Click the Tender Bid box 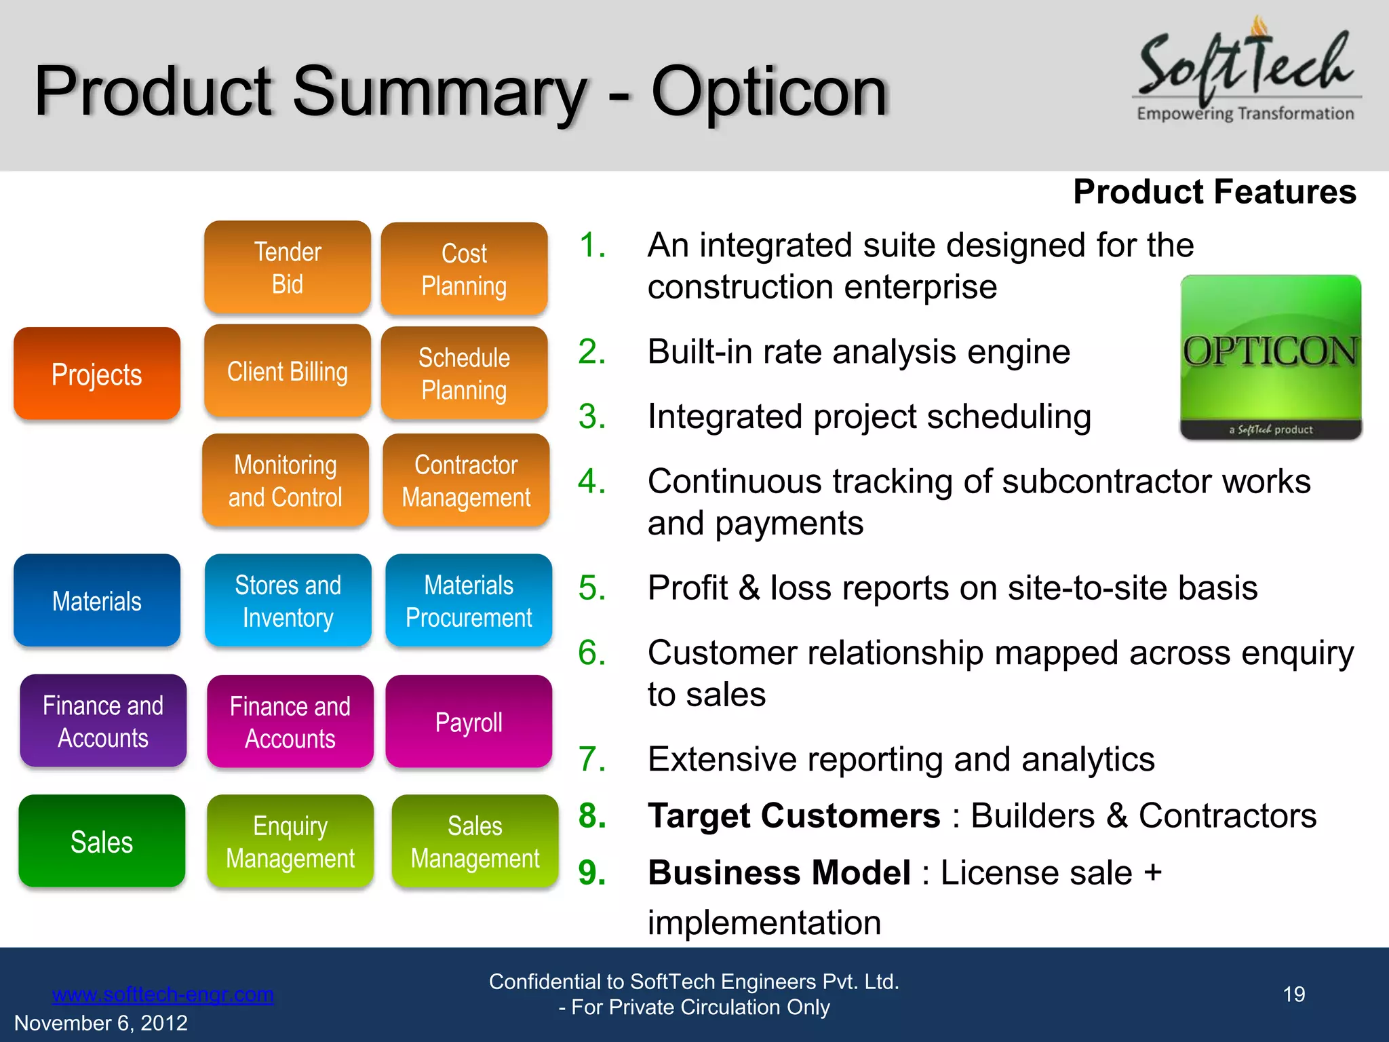point(288,267)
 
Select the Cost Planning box point(465,269)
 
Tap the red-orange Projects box point(97,374)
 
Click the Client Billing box point(288,371)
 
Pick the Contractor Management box point(466,480)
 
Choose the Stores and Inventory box point(288,600)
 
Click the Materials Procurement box point(469,600)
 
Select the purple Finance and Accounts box point(103,721)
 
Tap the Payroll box point(469,722)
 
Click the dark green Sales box point(102,841)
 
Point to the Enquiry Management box point(290,841)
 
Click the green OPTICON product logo point(1270,357)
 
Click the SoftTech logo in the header point(1247,71)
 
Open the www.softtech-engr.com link point(163,994)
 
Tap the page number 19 point(1293,994)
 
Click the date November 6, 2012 point(101,1022)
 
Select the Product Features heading point(1214,192)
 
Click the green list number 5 point(591,587)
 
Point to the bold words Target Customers point(794,815)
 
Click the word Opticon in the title point(769,92)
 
